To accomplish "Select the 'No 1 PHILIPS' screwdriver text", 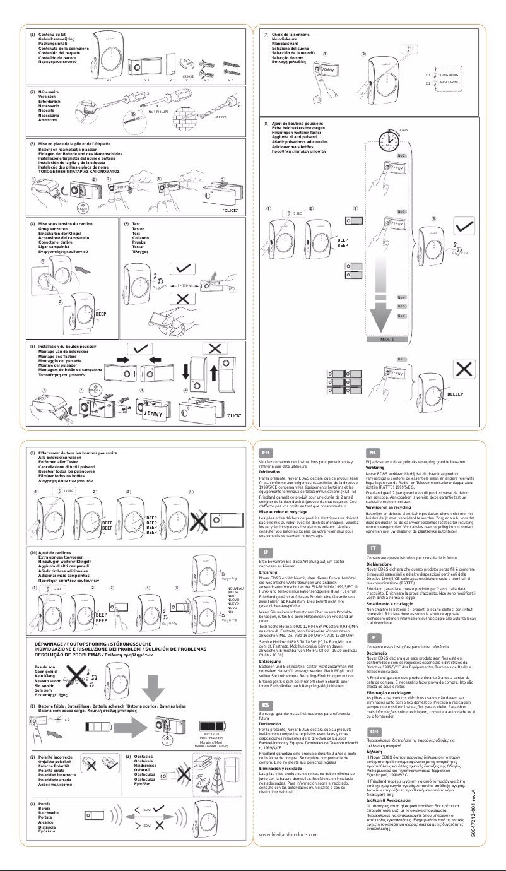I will pyautogui.click(x=161, y=111).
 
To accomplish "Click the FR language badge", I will pyautogui.click(x=267, y=453).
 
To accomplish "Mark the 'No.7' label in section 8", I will pyautogui.click(x=401, y=359).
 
